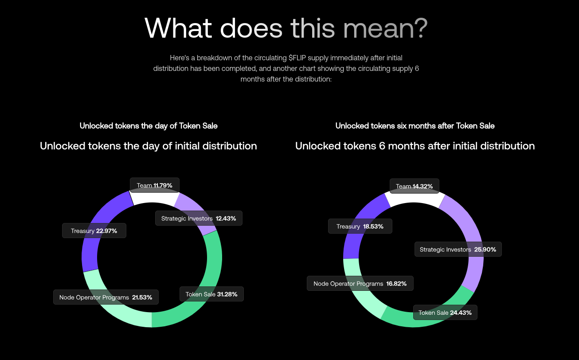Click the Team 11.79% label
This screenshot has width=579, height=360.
(155, 185)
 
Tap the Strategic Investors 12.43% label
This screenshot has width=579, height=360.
(199, 219)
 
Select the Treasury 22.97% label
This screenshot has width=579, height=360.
(94, 231)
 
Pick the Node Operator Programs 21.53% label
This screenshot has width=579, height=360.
(106, 297)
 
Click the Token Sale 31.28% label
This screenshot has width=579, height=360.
(212, 294)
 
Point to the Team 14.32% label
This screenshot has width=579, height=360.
(415, 186)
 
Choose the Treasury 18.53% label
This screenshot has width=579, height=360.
(360, 227)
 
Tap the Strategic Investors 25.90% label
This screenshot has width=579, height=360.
(458, 250)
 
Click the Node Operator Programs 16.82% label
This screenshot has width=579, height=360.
(360, 283)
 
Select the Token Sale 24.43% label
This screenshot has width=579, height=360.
(445, 313)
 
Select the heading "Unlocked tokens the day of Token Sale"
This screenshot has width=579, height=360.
(149, 126)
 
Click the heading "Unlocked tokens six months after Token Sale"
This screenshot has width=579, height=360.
(415, 126)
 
